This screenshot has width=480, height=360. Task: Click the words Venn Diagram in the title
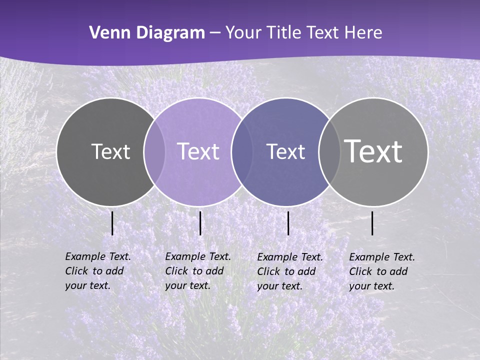tap(147, 33)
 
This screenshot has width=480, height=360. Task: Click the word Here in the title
tap(363, 33)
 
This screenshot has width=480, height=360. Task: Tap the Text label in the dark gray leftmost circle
tap(110, 151)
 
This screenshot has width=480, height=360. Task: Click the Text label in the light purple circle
tap(198, 151)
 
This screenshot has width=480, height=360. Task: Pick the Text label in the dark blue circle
tap(286, 151)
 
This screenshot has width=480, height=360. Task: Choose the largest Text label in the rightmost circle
tap(373, 151)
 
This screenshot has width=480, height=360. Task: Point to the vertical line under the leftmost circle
tap(112, 223)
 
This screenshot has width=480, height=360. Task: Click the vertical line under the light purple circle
tap(200, 223)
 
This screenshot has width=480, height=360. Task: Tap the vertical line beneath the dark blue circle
tap(288, 223)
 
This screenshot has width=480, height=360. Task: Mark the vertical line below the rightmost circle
tap(372, 223)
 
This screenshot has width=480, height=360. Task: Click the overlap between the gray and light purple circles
tap(154, 151)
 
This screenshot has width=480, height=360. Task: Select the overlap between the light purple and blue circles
tap(242, 151)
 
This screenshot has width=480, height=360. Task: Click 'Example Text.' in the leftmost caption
tap(98, 256)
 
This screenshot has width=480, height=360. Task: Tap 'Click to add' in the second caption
tap(194, 271)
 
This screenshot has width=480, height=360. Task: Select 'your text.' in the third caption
tap(280, 286)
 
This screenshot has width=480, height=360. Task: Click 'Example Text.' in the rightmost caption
tap(382, 257)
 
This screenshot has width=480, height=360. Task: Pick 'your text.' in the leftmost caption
tap(88, 285)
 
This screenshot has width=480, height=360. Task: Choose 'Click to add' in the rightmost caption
tap(378, 271)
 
